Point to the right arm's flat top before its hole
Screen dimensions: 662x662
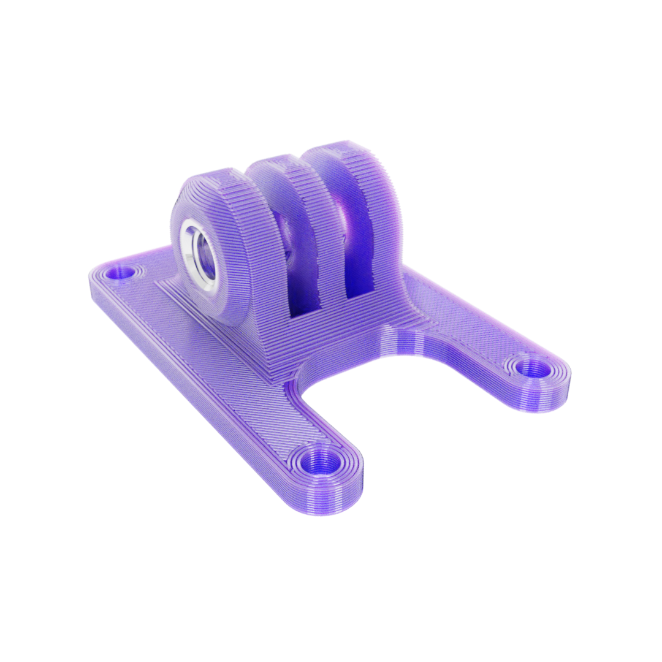click(x=472, y=331)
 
